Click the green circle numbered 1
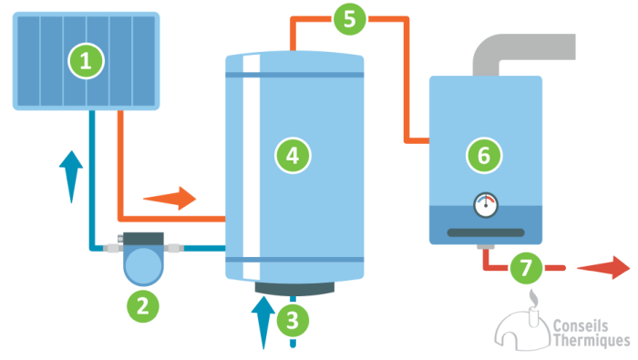[87, 61]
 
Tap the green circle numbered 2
[142, 305]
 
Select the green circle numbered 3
[292, 319]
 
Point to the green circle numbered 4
[293, 156]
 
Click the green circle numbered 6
[484, 156]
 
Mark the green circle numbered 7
[523, 268]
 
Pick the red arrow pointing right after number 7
[602, 268]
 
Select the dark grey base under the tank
[293, 288]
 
